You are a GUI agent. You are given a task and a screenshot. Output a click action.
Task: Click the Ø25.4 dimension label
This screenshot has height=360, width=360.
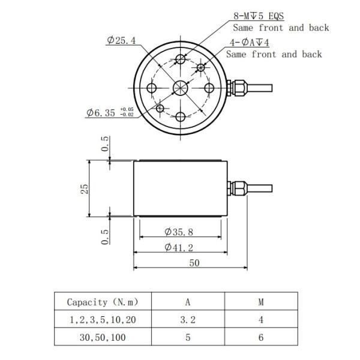pyautogui.click(x=122, y=41)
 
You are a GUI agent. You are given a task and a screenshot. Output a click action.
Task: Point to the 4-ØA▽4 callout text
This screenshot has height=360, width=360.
pyautogui.click(x=251, y=44)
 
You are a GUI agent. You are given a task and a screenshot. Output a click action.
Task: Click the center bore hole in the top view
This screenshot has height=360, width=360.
pyautogui.click(x=180, y=88)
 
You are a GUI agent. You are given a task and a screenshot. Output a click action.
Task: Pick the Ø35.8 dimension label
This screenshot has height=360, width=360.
pyautogui.click(x=179, y=232)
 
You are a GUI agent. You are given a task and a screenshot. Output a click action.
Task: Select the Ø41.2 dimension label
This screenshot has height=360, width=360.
pyautogui.click(x=179, y=247)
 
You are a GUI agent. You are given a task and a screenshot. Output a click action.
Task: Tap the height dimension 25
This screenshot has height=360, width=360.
pyautogui.click(x=85, y=188)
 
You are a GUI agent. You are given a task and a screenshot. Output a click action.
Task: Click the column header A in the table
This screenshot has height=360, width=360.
pyautogui.click(x=188, y=302)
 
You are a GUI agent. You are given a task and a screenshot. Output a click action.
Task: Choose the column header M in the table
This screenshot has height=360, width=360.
pyautogui.click(x=261, y=302)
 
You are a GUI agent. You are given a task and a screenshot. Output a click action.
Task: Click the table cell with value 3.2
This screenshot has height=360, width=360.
pyautogui.click(x=188, y=320)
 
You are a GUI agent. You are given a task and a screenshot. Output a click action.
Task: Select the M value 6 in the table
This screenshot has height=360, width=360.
pyautogui.click(x=261, y=337)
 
